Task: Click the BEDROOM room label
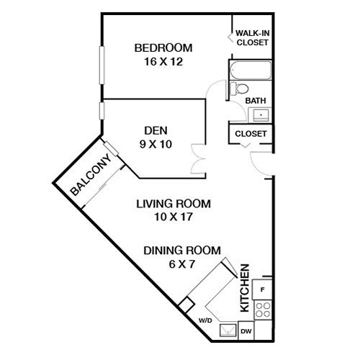[163, 48]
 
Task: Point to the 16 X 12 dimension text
[163, 62]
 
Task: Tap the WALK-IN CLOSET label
[252, 37]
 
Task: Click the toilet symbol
[235, 89]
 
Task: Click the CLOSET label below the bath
[251, 134]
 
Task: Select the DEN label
[156, 130]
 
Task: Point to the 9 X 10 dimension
[156, 143]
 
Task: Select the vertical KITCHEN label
[244, 288]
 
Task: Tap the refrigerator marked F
[263, 289]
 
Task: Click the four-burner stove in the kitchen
[264, 310]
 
